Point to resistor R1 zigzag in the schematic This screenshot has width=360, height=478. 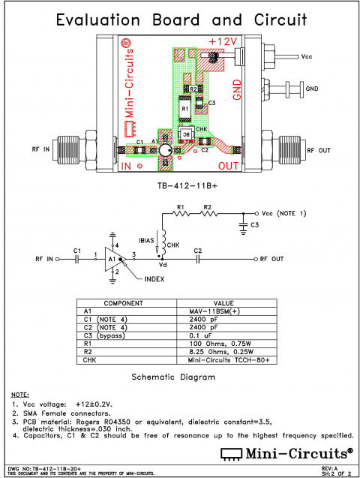180,212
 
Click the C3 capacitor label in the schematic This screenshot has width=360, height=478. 254,224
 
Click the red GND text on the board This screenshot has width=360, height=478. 237,89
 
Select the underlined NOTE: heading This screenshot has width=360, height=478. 20,394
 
